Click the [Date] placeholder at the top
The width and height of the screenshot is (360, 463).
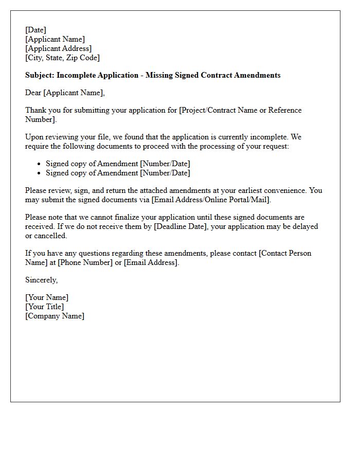click(x=35, y=30)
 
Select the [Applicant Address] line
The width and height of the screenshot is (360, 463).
click(x=58, y=48)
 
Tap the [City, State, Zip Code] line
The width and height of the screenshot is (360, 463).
click(x=62, y=58)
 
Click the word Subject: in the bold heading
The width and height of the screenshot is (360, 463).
click(x=40, y=75)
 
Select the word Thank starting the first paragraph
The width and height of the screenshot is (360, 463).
click(x=35, y=110)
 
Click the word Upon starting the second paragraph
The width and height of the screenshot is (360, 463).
click(x=34, y=137)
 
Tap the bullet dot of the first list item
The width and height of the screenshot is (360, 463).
click(x=40, y=164)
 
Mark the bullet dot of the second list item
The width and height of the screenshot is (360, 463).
click(x=40, y=173)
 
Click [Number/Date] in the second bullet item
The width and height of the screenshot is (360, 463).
click(x=165, y=173)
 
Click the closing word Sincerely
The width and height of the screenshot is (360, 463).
click(x=41, y=280)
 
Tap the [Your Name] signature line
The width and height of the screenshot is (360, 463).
click(x=47, y=297)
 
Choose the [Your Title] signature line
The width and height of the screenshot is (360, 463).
click(x=45, y=307)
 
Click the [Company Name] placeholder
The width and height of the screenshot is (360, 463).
click(x=55, y=316)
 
